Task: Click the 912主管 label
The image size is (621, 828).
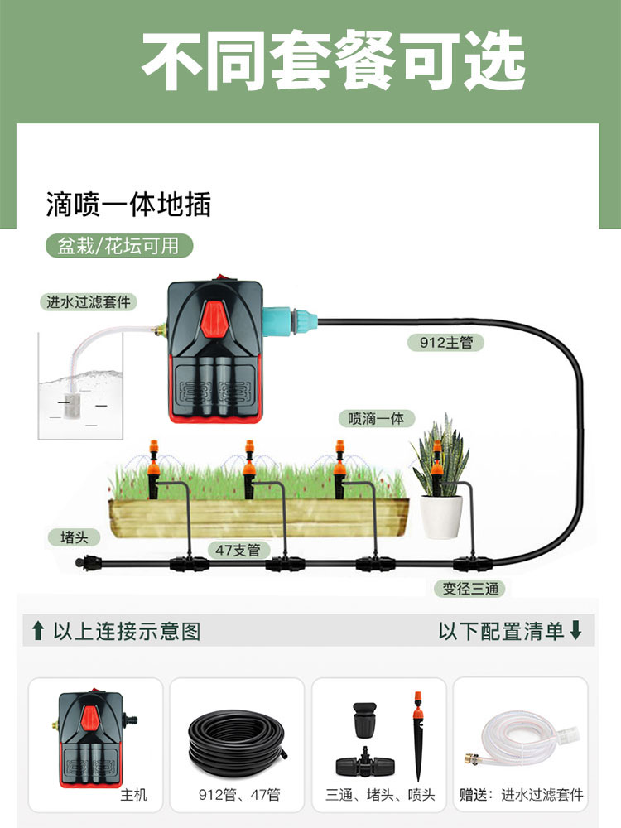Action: [446, 341]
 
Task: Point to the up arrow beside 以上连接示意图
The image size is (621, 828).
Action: [37, 632]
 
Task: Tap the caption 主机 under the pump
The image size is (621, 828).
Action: [133, 795]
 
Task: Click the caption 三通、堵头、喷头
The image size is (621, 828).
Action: [379, 795]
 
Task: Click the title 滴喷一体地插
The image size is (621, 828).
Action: [128, 204]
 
